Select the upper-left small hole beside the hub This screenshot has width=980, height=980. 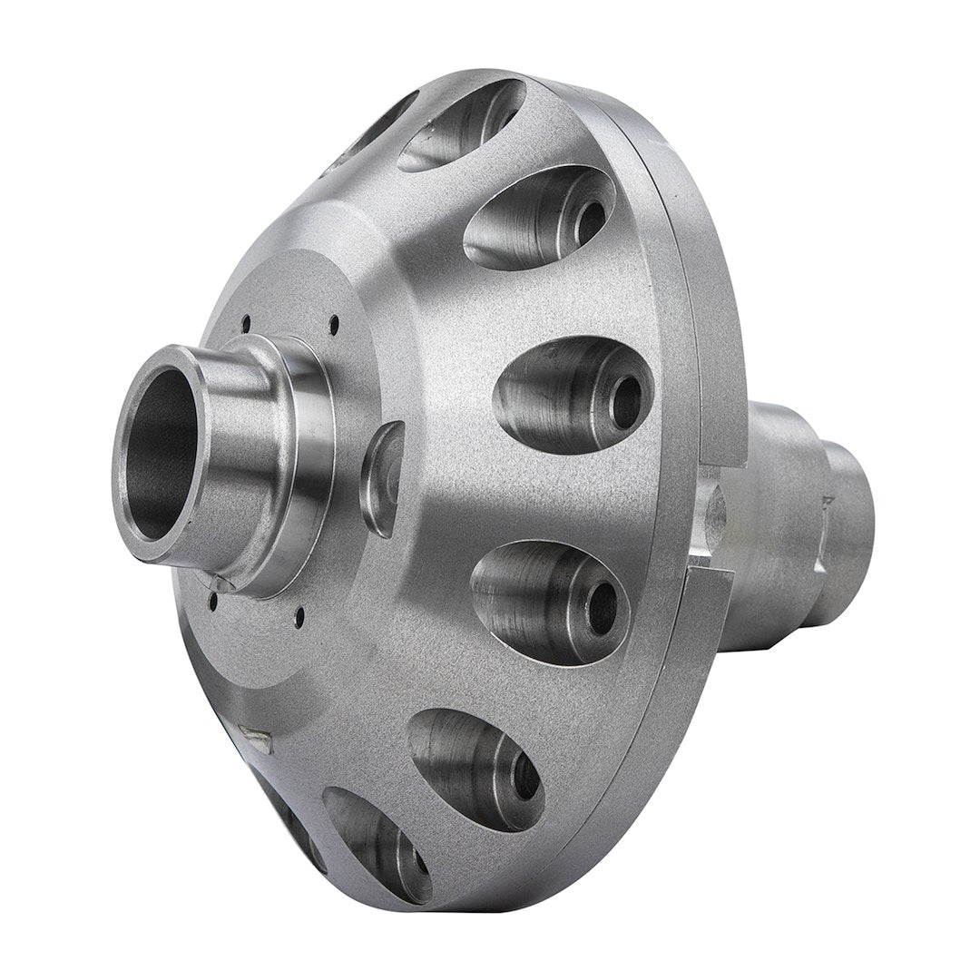[x=246, y=318]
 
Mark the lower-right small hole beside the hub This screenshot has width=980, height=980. [x=299, y=620]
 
